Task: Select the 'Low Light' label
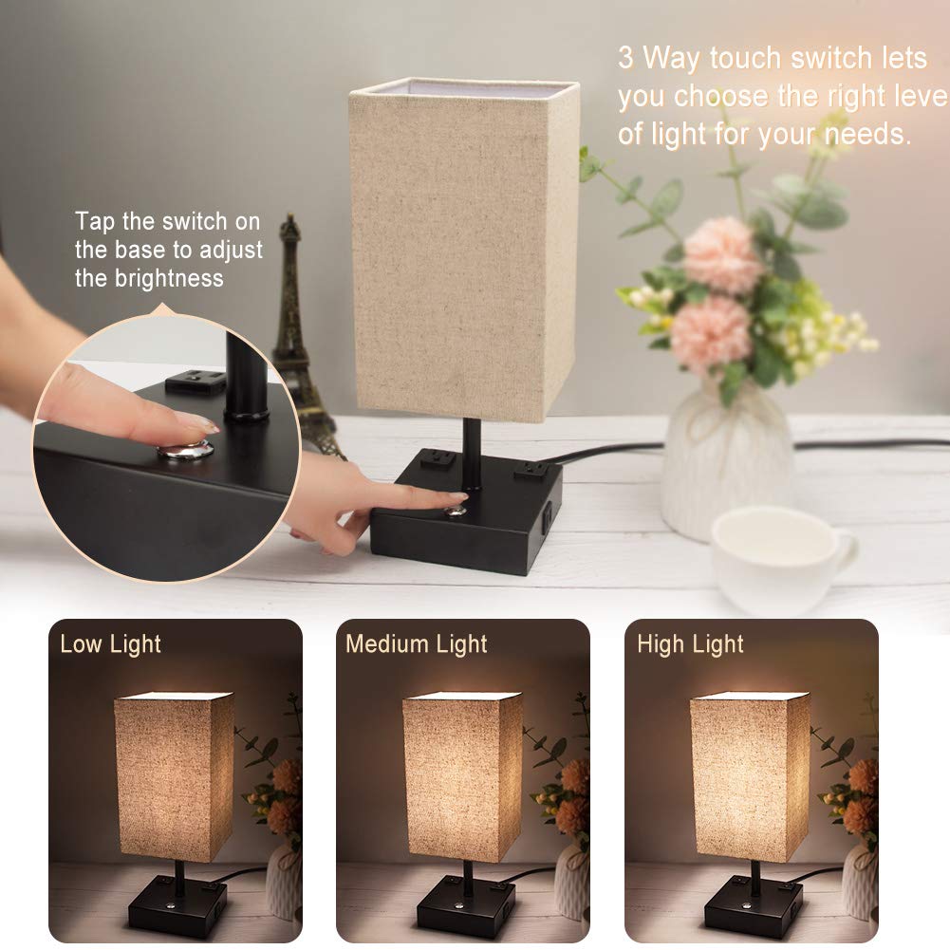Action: [x=110, y=644]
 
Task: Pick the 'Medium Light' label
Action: [x=416, y=644]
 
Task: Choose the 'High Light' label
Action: [x=690, y=644]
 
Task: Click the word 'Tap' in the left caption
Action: [x=95, y=222]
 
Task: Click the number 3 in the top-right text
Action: [x=625, y=59]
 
